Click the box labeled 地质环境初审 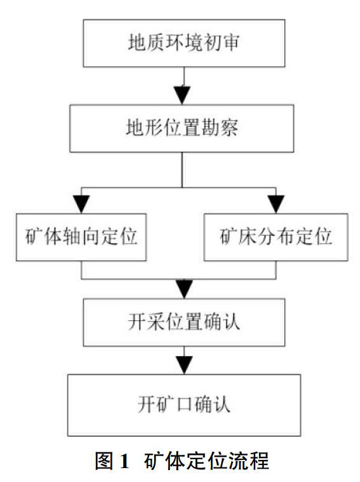pyautogui.click(x=184, y=43)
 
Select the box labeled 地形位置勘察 pyautogui.click(x=182, y=128)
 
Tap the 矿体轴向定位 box pyautogui.click(x=81, y=238)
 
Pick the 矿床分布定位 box pyautogui.click(x=276, y=238)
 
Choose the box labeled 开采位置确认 pyautogui.click(x=184, y=322)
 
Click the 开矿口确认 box pyautogui.click(x=184, y=405)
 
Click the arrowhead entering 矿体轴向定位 pyautogui.click(x=81, y=204)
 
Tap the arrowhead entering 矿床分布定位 pyautogui.click(x=276, y=204)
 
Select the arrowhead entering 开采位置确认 pyautogui.click(x=184, y=289)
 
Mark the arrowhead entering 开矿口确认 pyautogui.click(x=184, y=366)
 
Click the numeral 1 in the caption pyautogui.click(x=124, y=461)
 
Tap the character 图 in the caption pyautogui.click(x=104, y=461)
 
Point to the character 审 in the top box pyautogui.click(x=231, y=43)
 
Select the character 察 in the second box pyautogui.click(x=229, y=128)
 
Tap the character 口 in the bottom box pyautogui.click(x=184, y=404)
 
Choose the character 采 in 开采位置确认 pyautogui.click(x=156, y=322)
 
